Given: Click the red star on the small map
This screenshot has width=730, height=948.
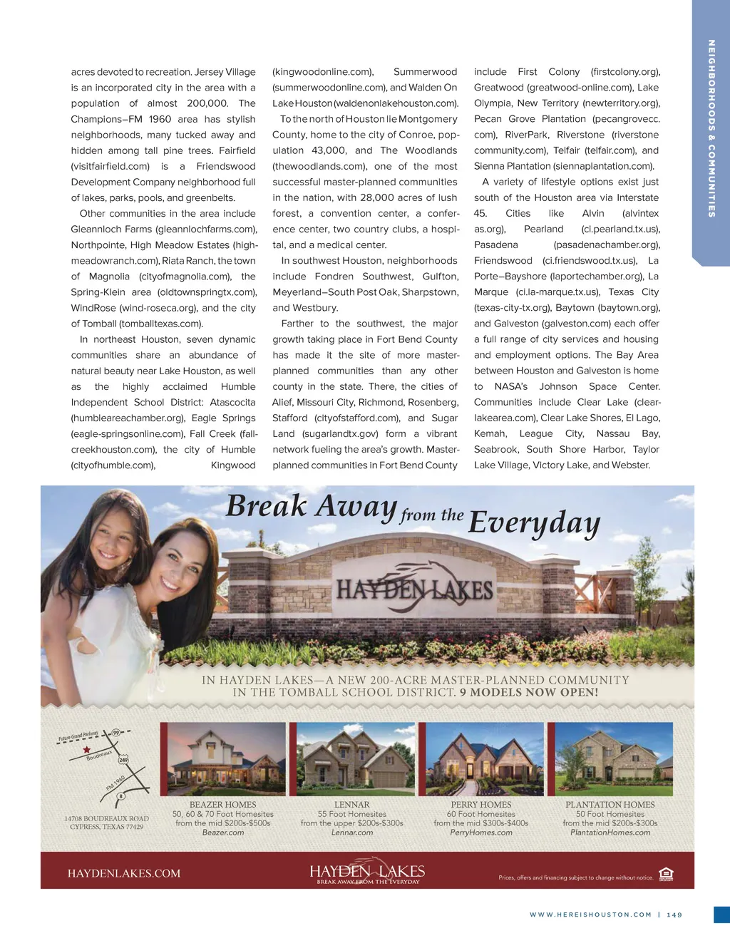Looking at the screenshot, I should (x=87, y=750).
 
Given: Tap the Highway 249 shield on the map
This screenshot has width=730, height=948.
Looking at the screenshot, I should (x=123, y=760).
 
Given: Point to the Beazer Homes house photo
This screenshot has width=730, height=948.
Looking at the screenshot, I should (x=222, y=759).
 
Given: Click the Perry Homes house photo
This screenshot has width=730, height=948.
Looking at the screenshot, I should (x=482, y=758).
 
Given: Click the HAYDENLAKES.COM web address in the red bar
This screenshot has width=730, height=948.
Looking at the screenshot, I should (x=124, y=873).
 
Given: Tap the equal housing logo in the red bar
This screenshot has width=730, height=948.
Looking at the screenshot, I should (x=666, y=875).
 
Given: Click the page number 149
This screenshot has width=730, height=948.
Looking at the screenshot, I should (x=674, y=914).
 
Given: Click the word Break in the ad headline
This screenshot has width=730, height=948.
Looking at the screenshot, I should (x=266, y=507).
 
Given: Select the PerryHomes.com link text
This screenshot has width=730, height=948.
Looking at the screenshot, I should (x=481, y=833).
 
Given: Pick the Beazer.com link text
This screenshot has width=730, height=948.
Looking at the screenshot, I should (x=223, y=833).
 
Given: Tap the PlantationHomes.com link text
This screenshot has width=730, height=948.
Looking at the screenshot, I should (x=610, y=833).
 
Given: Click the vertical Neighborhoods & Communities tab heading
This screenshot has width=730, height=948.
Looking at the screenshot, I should (x=711, y=128).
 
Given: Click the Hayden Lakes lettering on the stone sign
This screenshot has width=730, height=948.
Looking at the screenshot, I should (x=414, y=590).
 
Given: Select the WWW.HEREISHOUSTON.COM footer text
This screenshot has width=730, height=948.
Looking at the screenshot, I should (x=590, y=914).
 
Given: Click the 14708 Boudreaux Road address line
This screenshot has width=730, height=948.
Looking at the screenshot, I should (x=106, y=819).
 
